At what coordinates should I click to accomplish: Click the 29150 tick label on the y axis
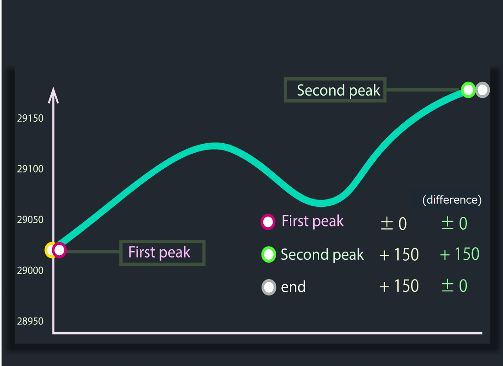tap(30, 118)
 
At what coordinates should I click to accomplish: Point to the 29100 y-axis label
tap(30, 169)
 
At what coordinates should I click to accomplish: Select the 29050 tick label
tap(30, 220)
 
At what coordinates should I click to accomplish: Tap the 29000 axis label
tap(30, 270)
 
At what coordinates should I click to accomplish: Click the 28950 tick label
tap(30, 321)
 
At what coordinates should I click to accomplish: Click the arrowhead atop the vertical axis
tap(53, 95)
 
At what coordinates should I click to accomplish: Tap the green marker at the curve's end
tap(468, 90)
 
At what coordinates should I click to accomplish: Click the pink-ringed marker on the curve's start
tap(59, 250)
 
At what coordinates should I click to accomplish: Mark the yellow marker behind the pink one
tap(48, 250)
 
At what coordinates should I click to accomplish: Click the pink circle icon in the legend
tap(268, 222)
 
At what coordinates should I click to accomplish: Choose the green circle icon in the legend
tap(268, 254)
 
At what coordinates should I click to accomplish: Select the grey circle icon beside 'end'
tap(269, 287)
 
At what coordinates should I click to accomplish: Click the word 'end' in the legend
tap(293, 287)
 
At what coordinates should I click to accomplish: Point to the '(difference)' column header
tap(452, 200)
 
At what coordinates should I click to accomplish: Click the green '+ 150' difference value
tap(460, 254)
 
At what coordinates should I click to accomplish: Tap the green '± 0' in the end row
tap(455, 286)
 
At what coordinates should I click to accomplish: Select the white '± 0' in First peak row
tap(394, 223)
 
